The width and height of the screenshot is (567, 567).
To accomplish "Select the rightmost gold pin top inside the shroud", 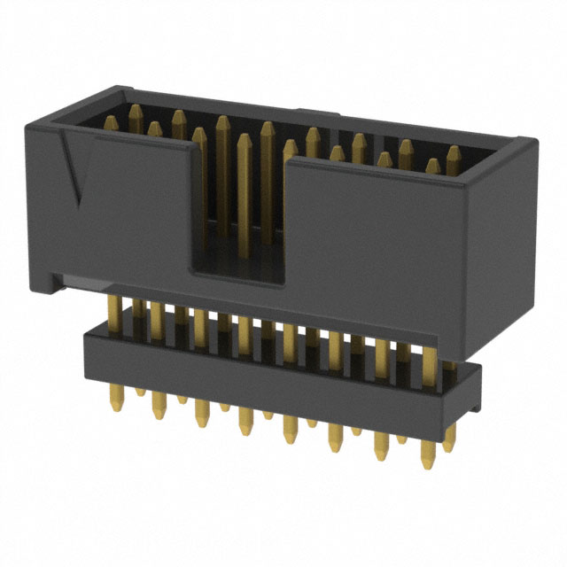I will (454, 153).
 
